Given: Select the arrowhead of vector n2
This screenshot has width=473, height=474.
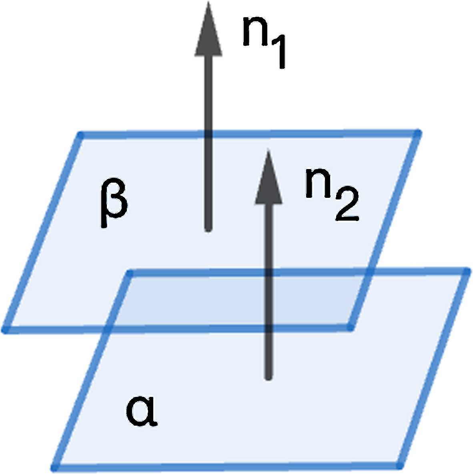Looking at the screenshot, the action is (x=269, y=178).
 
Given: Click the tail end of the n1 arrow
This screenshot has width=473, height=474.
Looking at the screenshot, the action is (x=208, y=229).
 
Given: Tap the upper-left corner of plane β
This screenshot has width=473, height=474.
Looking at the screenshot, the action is (x=80, y=135).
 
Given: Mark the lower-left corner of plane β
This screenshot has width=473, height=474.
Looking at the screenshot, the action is (x=6, y=330).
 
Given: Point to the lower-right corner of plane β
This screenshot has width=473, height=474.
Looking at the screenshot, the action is (x=350, y=328).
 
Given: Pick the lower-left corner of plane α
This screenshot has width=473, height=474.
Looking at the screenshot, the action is (x=55, y=466).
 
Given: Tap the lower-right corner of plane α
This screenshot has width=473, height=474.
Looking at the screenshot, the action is (x=399, y=465).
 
